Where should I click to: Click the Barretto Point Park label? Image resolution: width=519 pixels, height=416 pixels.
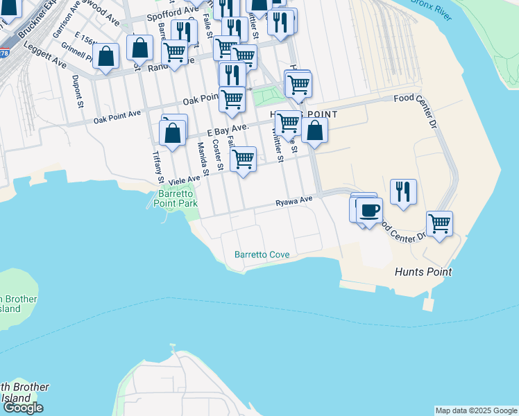tap(178, 198)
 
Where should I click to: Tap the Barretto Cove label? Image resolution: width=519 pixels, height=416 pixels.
tap(262, 254)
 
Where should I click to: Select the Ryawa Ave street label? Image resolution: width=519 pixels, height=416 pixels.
tap(294, 202)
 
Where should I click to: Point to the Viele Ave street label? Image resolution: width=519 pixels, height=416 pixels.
tap(184, 177)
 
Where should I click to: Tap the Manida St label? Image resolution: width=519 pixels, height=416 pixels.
tap(202, 157)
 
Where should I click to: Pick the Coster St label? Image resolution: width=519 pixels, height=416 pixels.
tap(217, 155)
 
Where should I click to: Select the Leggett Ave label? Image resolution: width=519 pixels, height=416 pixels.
tap(44, 55)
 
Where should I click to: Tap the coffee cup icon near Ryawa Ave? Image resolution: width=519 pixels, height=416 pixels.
tap(369, 209)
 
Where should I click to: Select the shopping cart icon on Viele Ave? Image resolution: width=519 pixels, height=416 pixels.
tap(243, 159)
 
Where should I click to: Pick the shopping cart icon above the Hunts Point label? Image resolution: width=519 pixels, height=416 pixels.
tap(439, 223)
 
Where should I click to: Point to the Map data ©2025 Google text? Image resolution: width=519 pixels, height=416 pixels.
tap(475, 410)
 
